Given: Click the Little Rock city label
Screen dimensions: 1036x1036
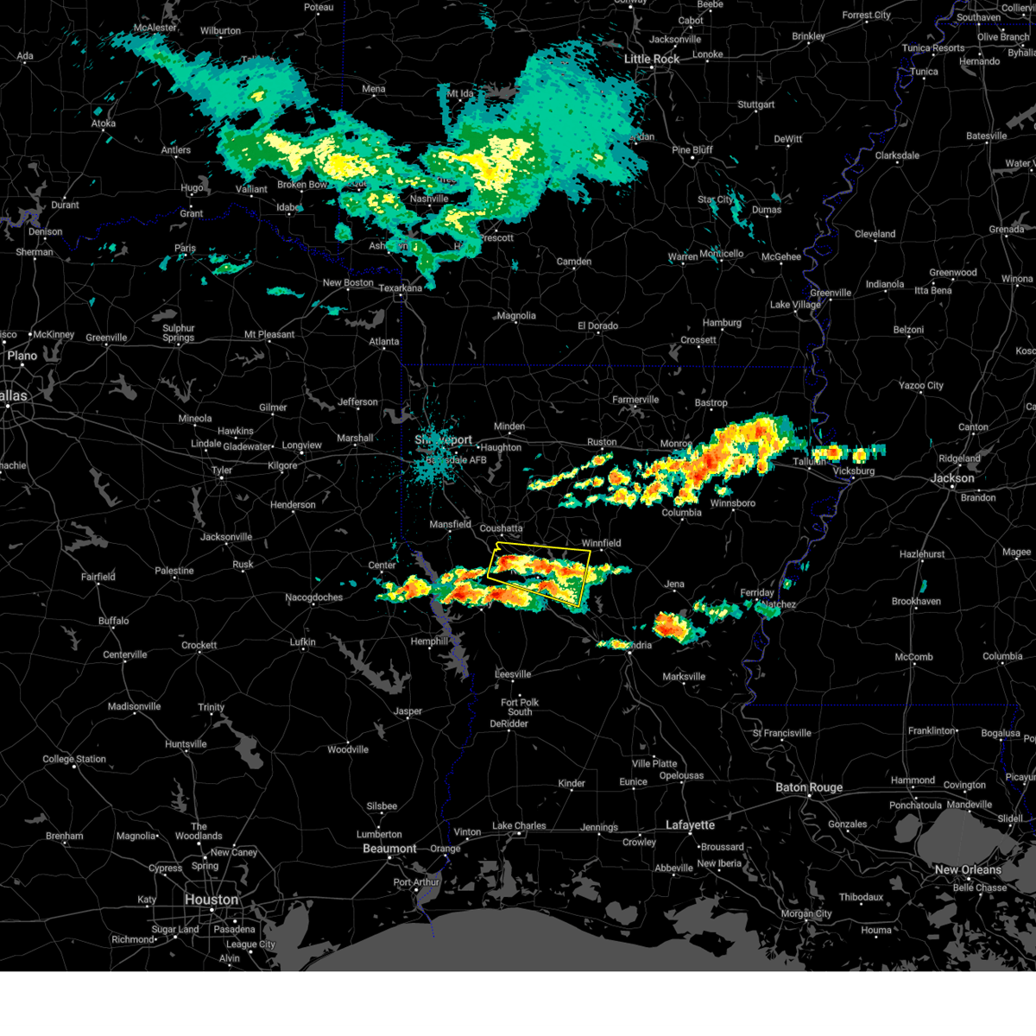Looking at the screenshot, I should [652, 59].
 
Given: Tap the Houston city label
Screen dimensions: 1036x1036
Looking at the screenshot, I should [211, 900].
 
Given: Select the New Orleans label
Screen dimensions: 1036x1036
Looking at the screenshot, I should [968, 869].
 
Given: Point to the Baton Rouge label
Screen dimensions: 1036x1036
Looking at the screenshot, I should [809, 787].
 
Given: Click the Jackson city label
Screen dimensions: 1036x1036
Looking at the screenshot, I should [952, 478].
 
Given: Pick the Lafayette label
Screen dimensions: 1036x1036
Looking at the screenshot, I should [690, 825].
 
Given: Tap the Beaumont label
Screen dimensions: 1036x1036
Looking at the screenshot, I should [389, 849].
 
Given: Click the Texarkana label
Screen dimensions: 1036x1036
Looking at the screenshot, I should [401, 288].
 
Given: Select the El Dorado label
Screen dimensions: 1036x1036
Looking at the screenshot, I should [597, 325].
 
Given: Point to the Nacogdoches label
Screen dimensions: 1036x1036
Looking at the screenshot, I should [314, 597].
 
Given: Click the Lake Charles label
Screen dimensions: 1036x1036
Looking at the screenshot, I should [519, 826].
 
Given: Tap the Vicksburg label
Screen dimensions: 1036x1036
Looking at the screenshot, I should [854, 471].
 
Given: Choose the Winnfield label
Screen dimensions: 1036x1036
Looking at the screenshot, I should [601, 543].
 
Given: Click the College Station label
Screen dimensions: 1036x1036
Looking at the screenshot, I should [74, 760].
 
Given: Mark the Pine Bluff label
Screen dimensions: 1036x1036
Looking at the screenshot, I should [692, 150].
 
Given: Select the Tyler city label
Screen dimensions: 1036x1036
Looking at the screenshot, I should [222, 471].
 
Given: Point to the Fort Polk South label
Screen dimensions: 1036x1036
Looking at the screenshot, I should [519, 707].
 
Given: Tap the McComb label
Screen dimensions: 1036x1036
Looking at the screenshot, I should [913, 657].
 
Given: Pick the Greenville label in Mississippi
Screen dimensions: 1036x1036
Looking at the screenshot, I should [831, 293].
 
